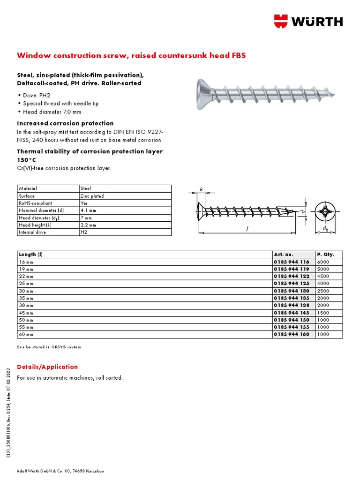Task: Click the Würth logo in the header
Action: tap(308, 21)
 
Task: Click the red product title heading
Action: tap(131, 55)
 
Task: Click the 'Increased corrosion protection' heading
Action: tap(65, 123)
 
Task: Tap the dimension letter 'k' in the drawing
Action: tap(202, 189)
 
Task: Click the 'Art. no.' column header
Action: tap(283, 255)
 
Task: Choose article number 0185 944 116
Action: tap(292, 262)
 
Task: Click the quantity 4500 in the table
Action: tap(323, 277)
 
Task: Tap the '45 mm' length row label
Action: tap(26, 313)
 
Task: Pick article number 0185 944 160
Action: tap(292, 334)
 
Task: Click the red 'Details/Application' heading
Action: tap(47, 367)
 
